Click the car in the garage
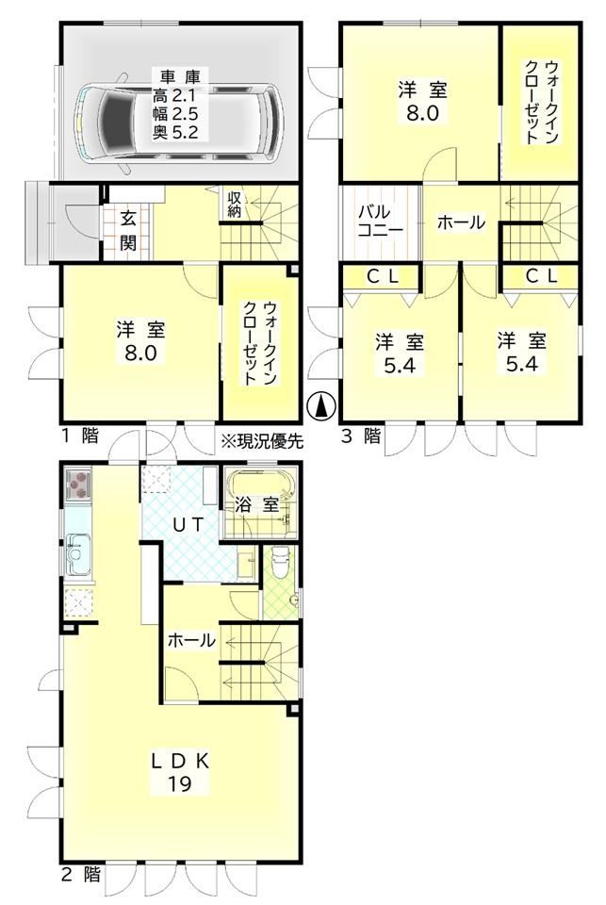click(x=178, y=122)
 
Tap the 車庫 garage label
click(x=175, y=76)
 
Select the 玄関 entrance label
click(x=128, y=231)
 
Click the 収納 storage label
click(x=234, y=204)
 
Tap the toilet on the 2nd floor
click(x=281, y=563)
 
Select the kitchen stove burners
click(x=78, y=485)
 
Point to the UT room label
click(x=188, y=525)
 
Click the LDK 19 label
click(x=179, y=772)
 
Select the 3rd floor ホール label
click(x=460, y=222)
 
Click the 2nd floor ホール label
click(x=191, y=639)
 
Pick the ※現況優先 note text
click(x=262, y=441)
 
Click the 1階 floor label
click(x=81, y=436)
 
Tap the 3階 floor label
click(x=361, y=436)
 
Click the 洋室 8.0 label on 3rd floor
click(x=422, y=102)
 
